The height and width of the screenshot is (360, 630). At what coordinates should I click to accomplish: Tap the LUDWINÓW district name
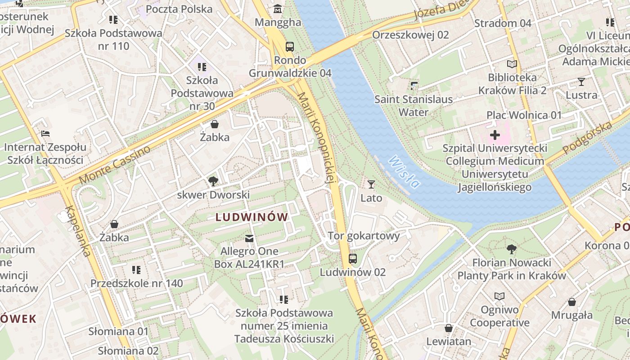tap(252, 217)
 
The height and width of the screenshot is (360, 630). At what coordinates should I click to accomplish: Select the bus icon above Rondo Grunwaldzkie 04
tap(290, 46)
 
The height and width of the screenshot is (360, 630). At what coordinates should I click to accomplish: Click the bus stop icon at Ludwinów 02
tap(353, 259)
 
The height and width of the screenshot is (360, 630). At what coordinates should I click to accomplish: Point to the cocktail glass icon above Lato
tap(371, 184)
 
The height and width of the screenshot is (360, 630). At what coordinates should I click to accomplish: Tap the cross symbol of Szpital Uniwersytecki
tap(495, 135)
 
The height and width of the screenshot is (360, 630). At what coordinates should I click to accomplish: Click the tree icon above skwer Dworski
tap(213, 181)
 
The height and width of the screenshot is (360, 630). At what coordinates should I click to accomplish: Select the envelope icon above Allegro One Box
tap(249, 238)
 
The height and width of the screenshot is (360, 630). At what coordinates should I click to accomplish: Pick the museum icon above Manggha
tap(278, 9)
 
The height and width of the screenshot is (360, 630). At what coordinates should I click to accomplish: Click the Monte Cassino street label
tap(114, 165)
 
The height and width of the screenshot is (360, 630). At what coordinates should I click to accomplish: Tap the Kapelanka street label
tap(78, 231)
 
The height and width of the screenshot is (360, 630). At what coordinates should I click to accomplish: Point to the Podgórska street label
tap(588, 137)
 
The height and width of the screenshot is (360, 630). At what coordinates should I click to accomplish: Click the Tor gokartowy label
tap(364, 236)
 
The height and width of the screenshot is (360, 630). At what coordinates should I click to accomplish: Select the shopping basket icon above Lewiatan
tap(449, 328)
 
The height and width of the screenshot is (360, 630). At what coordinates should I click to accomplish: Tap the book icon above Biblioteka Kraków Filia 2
tap(512, 64)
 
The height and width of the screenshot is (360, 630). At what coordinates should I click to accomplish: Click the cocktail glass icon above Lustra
tap(581, 82)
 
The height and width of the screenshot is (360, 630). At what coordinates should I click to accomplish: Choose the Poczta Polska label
tap(179, 9)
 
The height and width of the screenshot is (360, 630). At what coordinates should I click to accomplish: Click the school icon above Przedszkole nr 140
tap(136, 270)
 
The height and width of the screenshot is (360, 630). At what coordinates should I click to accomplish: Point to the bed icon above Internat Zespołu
tap(45, 134)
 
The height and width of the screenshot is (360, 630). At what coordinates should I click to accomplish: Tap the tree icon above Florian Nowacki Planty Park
tap(511, 249)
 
